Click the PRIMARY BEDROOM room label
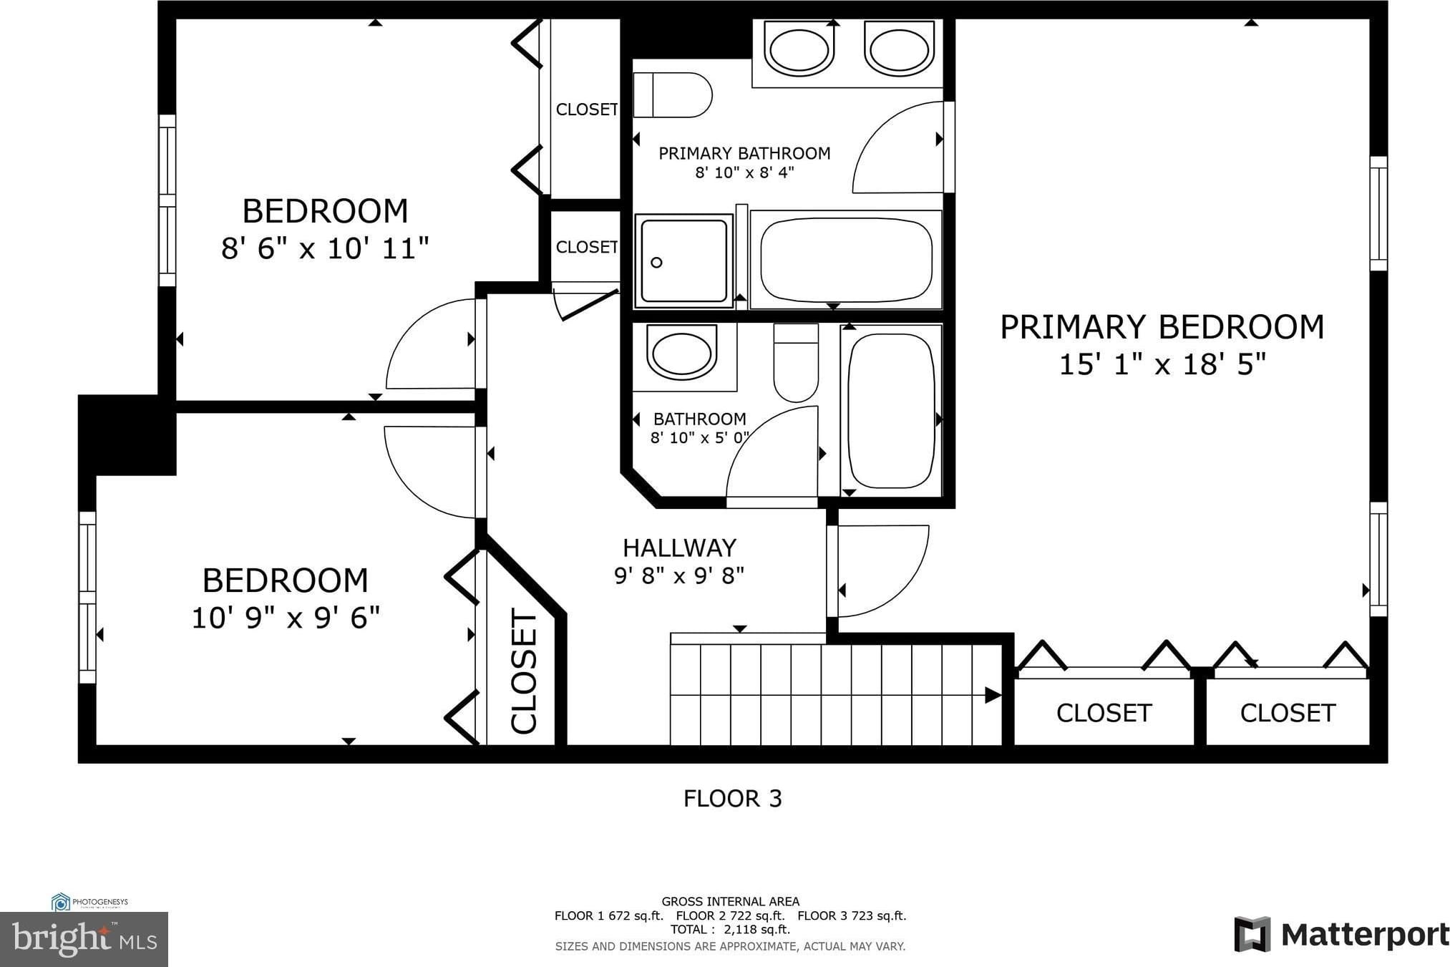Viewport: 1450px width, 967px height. [1162, 327]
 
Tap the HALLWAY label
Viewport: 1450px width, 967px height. [679, 548]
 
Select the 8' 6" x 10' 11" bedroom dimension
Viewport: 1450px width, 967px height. [325, 249]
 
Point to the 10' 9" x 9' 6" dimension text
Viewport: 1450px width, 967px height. [286, 617]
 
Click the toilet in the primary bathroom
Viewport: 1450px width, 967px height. [672, 95]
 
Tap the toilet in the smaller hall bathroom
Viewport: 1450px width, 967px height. [796, 363]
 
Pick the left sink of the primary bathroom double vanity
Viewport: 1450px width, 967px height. [798, 49]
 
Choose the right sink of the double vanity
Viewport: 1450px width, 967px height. [899, 49]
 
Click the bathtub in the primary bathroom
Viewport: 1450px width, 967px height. [846, 260]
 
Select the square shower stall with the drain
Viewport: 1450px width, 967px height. [684, 261]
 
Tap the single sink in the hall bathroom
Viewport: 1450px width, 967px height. [681, 353]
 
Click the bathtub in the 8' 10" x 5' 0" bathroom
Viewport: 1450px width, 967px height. [892, 410]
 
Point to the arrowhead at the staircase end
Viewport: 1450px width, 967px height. [993, 694]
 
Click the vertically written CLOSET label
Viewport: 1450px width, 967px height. [524, 671]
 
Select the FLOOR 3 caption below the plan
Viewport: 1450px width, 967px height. [732, 798]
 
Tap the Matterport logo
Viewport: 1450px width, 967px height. [1341, 934]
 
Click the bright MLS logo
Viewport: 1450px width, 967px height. [84, 939]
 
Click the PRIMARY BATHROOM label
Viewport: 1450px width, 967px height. [744, 153]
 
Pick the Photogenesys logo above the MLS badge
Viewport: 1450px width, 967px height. [89, 902]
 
